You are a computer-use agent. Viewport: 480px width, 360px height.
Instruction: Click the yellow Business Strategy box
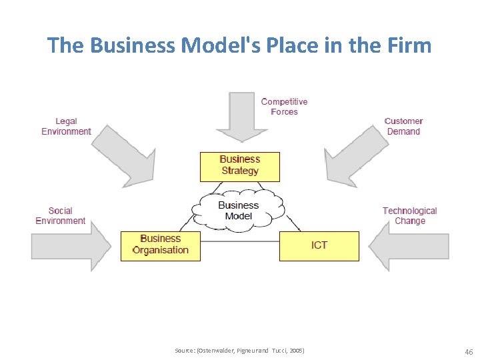(x=239, y=167)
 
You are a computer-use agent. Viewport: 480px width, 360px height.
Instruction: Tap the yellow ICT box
(x=319, y=245)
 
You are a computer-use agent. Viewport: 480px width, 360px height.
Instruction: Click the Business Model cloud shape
(x=238, y=211)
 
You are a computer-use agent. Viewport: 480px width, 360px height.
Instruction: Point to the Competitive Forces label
(x=284, y=107)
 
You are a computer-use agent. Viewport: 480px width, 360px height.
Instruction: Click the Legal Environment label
(x=66, y=126)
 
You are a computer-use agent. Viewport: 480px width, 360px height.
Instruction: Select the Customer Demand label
(x=403, y=126)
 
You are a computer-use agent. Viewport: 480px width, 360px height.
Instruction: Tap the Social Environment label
(x=60, y=216)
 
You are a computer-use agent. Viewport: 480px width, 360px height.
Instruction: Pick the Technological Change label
(x=409, y=216)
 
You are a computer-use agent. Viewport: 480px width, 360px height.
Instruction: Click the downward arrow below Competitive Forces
(x=242, y=119)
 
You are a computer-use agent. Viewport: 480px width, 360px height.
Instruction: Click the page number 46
(x=468, y=351)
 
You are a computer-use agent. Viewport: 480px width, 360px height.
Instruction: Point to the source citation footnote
(x=239, y=350)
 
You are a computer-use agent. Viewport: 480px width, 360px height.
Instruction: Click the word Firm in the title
(x=411, y=45)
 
